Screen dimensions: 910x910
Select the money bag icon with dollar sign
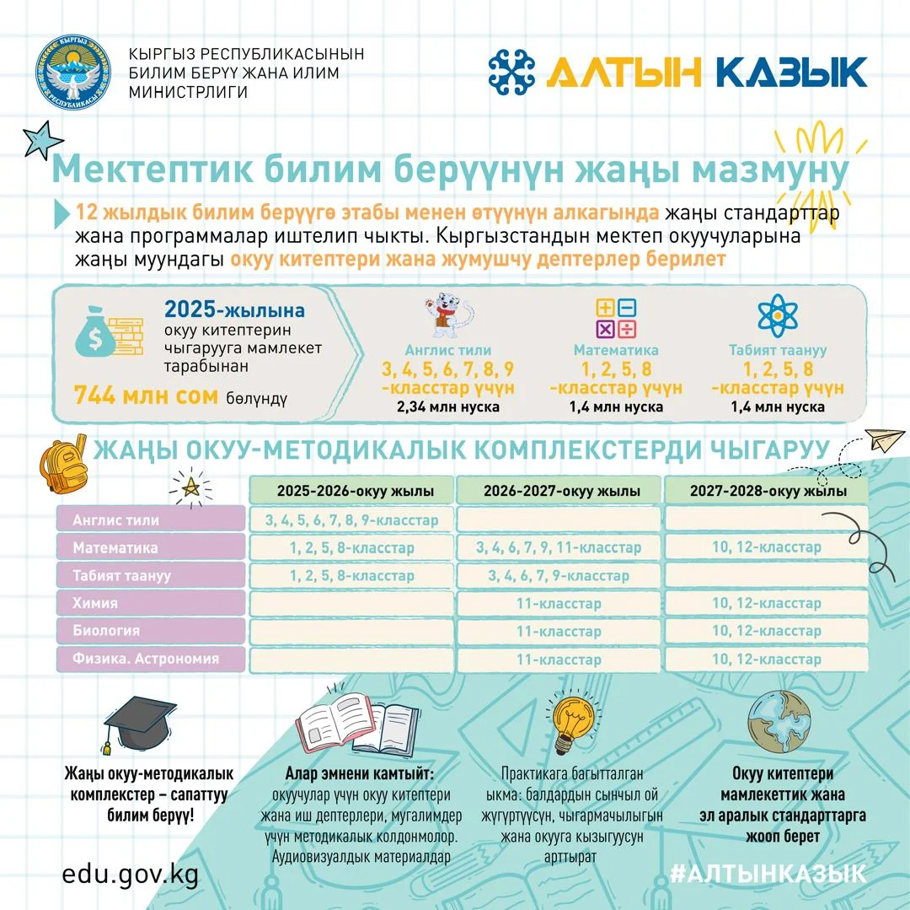[89, 335]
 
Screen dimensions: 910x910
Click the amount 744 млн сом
[146, 396]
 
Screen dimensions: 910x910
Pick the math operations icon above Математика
[616, 318]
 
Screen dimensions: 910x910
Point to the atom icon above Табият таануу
[777, 315]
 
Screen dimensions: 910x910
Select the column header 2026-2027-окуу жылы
[560, 491]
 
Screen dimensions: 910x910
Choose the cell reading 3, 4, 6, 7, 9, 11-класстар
[559, 548]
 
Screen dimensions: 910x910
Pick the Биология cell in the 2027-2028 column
[766, 631]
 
